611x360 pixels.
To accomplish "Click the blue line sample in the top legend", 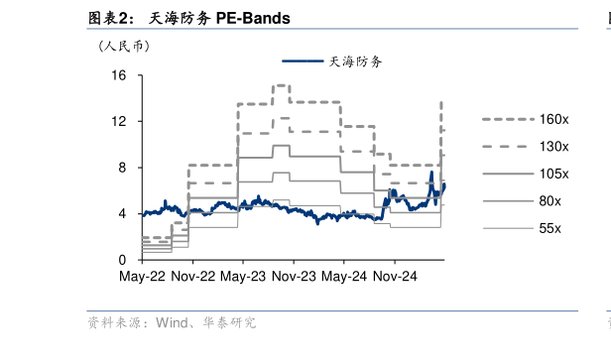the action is (x=303, y=60).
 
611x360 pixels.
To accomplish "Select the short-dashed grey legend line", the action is (x=508, y=119).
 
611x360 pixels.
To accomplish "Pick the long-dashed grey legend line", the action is (x=508, y=147).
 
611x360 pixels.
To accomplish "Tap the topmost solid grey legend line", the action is (x=508, y=174).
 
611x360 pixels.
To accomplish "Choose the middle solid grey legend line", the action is (x=508, y=200).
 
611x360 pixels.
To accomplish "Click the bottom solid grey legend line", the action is (x=508, y=228).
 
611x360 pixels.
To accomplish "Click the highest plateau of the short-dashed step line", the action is (x=281, y=85).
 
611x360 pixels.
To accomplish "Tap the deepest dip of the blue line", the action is (x=318, y=223).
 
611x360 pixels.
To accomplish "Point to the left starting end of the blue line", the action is (x=144, y=213).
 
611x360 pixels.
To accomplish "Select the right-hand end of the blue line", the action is (x=444, y=184).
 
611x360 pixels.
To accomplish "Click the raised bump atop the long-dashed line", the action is (x=282, y=119).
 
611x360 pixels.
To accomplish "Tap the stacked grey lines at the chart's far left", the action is (x=157, y=245).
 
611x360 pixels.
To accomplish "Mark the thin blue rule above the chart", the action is (x=332, y=29).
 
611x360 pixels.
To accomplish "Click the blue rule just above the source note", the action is (x=332, y=311).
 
